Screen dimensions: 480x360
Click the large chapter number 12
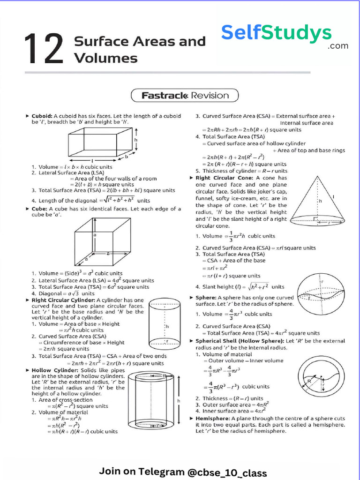click(44, 49)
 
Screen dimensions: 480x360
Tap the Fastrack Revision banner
click(185, 96)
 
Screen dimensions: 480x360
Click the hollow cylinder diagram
click(153, 401)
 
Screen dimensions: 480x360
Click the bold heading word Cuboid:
click(42, 116)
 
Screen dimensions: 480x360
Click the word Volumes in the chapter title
click(105, 58)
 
